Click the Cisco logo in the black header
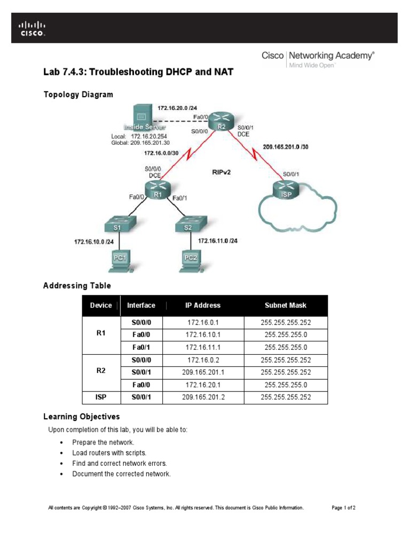point(33,28)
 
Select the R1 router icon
point(157,189)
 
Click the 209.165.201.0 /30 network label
point(285,147)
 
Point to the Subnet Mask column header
point(286,306)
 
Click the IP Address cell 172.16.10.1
point(203,335)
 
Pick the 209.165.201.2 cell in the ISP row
point(203,397)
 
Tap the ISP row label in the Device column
point(101,397)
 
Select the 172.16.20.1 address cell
point(203,385)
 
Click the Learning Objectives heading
point(81,417)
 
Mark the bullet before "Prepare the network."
point(62,443)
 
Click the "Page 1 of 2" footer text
point(343,507)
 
